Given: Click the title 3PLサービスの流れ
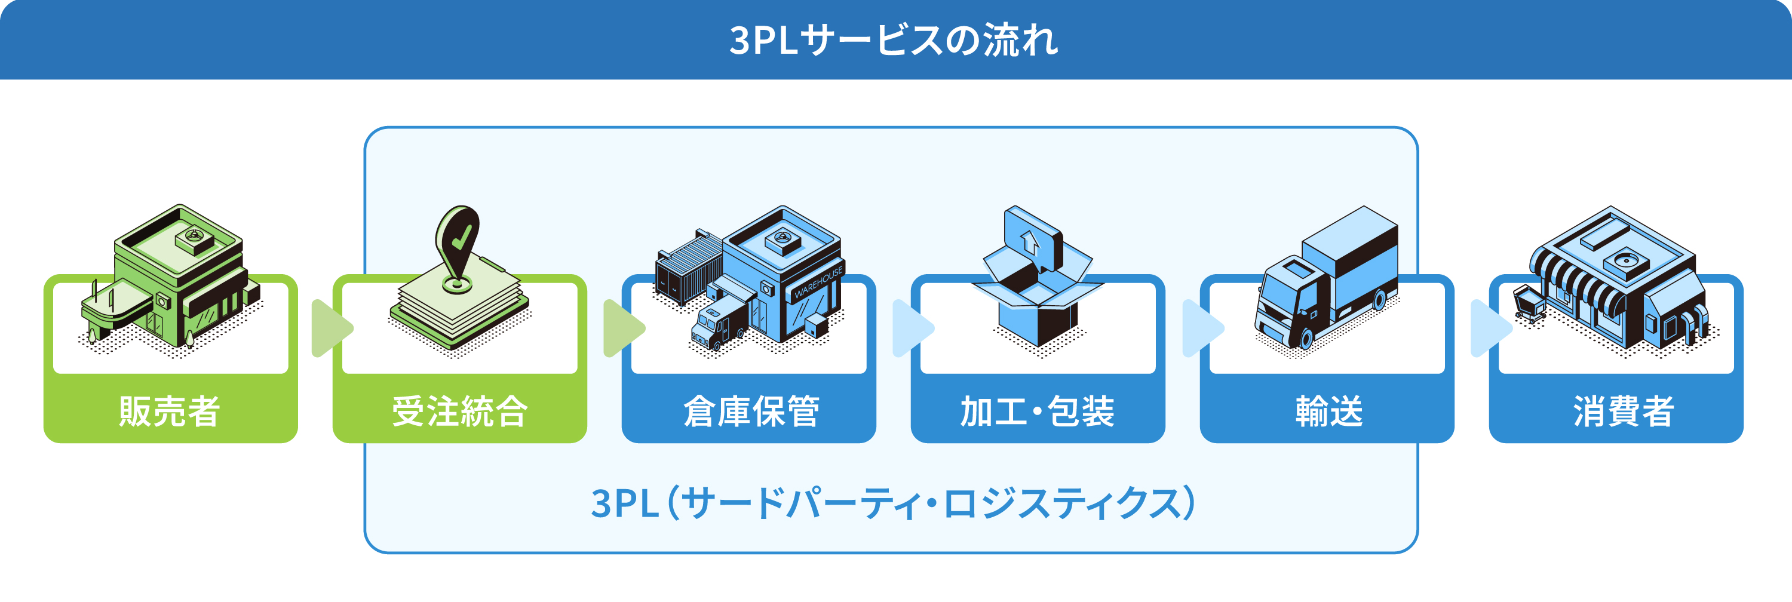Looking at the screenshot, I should pyautogui.click(x=894, y=41).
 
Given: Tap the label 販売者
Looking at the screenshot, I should pyautogui.click(x=170, y=411).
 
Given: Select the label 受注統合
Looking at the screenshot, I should pyautogui.click(x=460, y=411).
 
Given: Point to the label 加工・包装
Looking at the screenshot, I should pyautogui.click(x=1037, y=411).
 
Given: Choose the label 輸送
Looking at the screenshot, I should pyautogui.click(x=1328, y=411).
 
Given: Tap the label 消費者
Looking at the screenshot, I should pyautogui.click(x=1623, y=411).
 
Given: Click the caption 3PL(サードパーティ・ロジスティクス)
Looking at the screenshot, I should pyautogui.click(x=893, y=503).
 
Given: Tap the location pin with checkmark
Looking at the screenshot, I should pyautogui.click(x=457, y=247).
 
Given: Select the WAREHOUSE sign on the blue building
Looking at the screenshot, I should pyautogui.click(x=818, y=281).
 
